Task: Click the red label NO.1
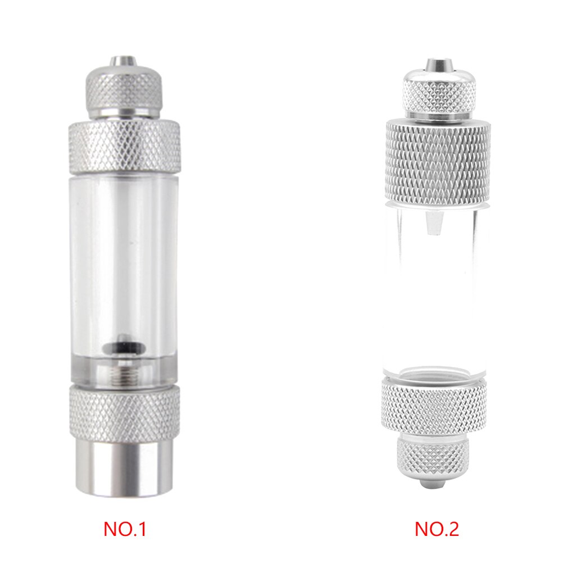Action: pos(125,529)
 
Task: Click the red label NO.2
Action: pos(436,529)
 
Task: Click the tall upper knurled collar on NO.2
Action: pos(438,161)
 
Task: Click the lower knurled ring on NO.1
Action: pos(125,412)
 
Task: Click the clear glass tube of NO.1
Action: pos(125,253)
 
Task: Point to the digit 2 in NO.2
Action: pos(453,529)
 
